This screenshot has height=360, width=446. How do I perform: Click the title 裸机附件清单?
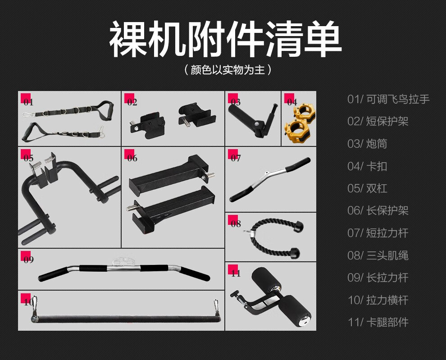point(225,39)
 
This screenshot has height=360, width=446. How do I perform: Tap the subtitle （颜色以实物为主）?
point(228,70)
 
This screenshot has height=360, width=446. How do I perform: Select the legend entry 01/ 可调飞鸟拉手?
point(388,99)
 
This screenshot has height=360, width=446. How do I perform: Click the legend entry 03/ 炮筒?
point(367,144)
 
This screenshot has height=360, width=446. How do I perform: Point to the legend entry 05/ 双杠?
point(367,188)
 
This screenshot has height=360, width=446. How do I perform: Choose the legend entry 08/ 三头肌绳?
point(378,255)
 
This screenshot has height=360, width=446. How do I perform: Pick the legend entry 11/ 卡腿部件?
point(378,322)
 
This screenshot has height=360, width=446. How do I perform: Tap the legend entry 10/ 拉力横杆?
point(378,300)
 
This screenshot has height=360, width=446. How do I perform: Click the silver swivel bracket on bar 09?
point(124,262)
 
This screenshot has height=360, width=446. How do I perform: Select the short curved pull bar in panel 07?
point(270,179)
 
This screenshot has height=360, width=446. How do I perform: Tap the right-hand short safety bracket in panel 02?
point(196,116)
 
